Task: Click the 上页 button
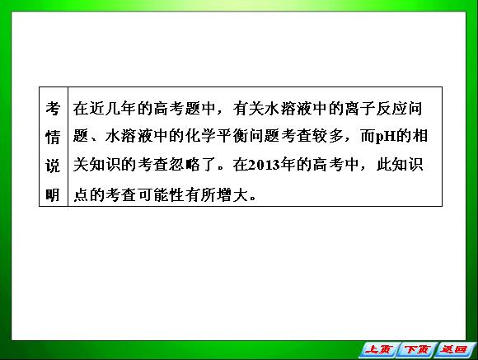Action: click(x=378, y=349)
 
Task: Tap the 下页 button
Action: click(x=417, y=349)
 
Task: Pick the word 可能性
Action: click(x=162, y=194)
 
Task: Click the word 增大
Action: click(x=233, y=194)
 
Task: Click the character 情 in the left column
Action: click(x=53, y=137)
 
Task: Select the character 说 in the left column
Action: click(x=53, y=166)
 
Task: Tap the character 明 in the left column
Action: click(x=53, y=194)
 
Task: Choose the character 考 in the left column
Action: click(x=53, y=108)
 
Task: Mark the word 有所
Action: click(x=201, y=194)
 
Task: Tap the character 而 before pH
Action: click(x=368, y=136)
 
